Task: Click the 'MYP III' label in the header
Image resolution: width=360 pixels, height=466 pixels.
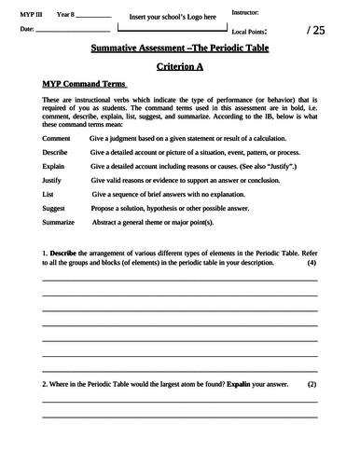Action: point(31,14)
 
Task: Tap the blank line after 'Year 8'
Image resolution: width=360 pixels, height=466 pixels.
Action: point(94,16)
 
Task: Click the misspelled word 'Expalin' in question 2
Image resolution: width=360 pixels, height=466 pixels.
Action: point(240,384)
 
